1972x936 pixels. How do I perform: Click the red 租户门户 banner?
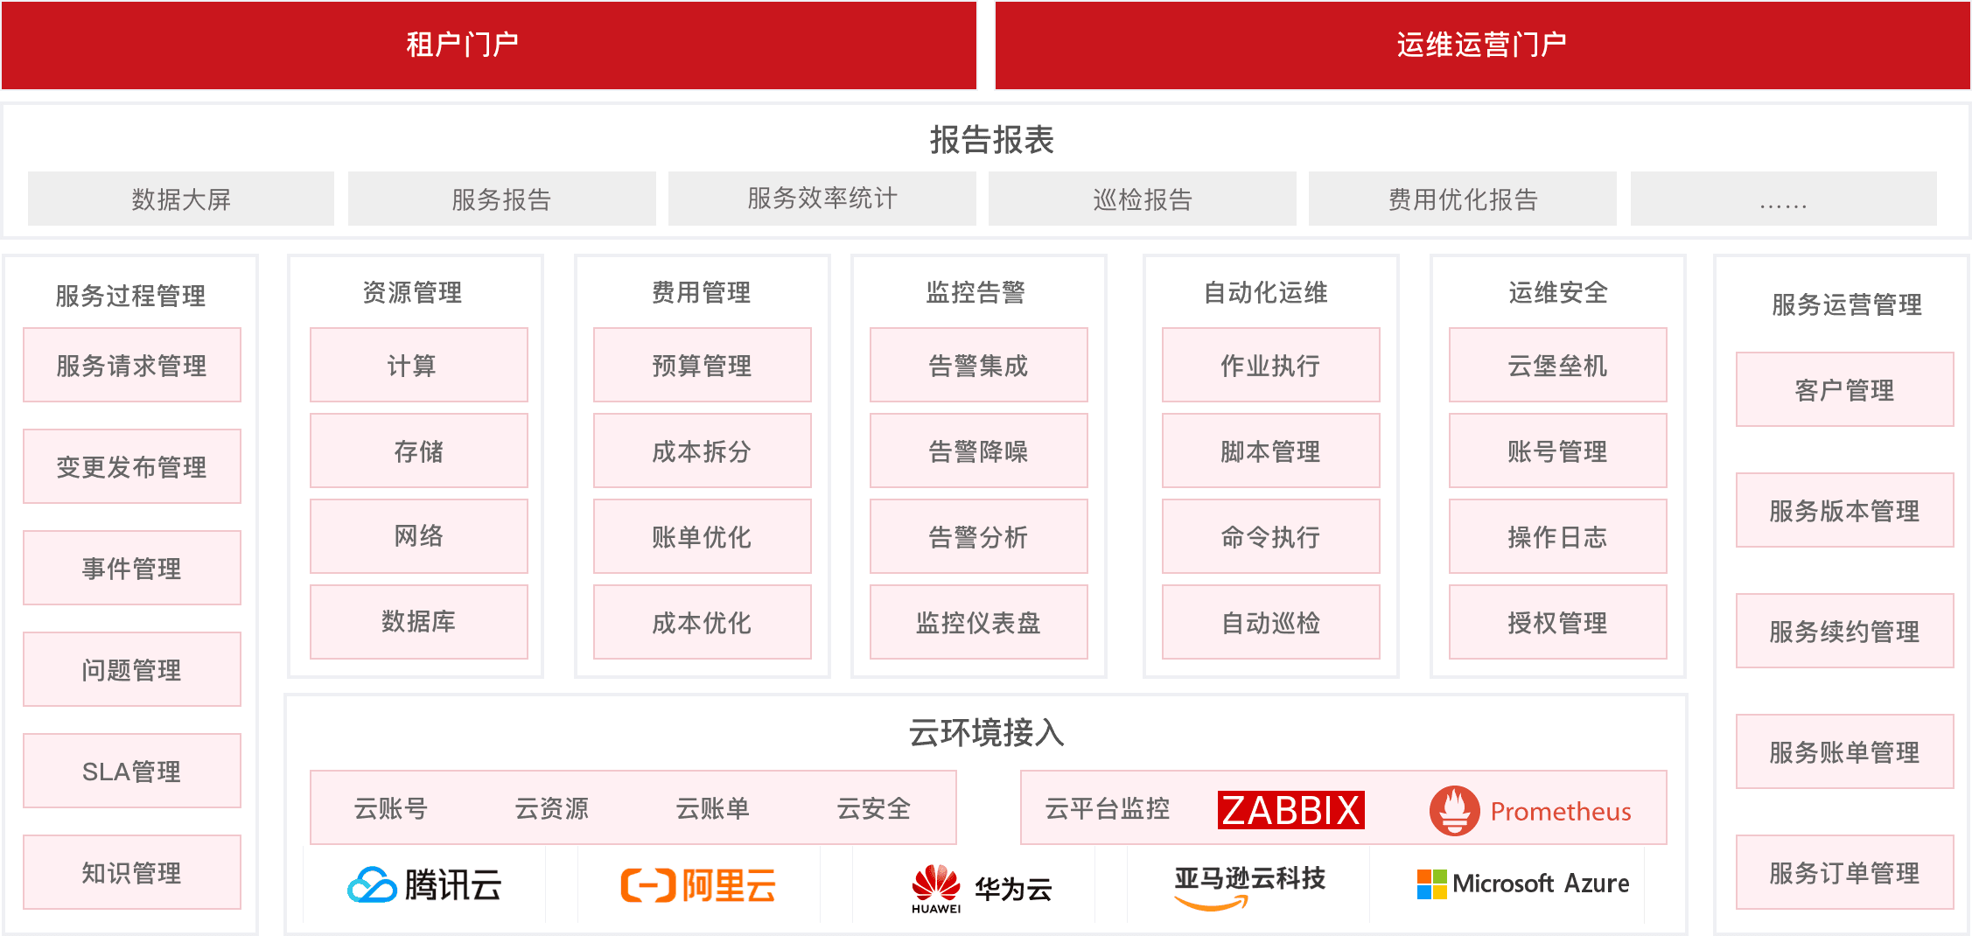[x=488, y=45]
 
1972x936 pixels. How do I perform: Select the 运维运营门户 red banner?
[x=1481, y=45]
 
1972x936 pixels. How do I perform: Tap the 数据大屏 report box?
[x=181, y=199]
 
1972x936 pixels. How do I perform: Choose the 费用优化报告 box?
[x=1462, y=199]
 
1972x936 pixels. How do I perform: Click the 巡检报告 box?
[x=1142, y=199]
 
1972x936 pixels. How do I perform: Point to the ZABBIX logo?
[x=1290, y=810]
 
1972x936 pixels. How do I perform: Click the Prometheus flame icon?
[x=1454, y=810]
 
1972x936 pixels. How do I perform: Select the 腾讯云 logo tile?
[x=424, y=884]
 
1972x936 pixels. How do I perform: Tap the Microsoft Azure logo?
[x=1522, y=884]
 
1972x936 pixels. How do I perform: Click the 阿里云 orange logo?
[x=698, y=884]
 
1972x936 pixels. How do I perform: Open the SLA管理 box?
[x=131, y=771]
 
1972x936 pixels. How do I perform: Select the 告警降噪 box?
[x=978, y=451]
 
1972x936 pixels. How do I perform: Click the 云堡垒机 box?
[x=1557, y=365]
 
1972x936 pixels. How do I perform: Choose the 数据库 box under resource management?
[x=418, y=621]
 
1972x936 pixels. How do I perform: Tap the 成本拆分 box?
[x=702, y=451]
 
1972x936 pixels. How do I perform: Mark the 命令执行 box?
[x=1270, y=536]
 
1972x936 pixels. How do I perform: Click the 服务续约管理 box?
[x=1844, y=631]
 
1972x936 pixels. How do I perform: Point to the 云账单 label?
[x=712, y=808]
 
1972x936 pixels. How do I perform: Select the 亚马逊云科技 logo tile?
[x=1248, y=884]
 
